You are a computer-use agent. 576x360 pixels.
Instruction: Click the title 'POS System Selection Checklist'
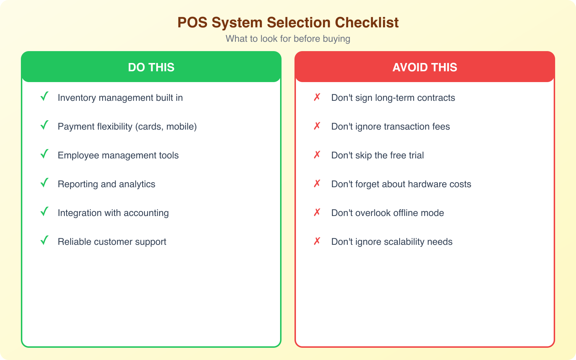coord(288,23)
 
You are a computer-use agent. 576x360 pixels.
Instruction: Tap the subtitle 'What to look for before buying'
coord(288,39)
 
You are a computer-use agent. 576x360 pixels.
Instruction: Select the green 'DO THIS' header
coord(151,67)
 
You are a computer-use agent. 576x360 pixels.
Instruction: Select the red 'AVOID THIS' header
coord(425,67)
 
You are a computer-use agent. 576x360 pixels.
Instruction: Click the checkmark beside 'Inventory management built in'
coord(44,97)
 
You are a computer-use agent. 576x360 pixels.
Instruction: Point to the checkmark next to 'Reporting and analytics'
coord(44,183)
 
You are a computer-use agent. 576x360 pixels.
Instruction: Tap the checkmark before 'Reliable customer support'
coord(44,241)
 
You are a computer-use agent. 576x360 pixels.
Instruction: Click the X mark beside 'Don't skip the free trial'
coord(317,155)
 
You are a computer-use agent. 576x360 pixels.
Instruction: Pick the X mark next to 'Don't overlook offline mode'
coord(317,212)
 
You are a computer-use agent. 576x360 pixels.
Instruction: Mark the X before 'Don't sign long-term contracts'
coord(317,97)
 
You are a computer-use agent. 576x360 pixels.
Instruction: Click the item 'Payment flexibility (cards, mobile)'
coord(127,127)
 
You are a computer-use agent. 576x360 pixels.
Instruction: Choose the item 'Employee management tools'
coord(118,156)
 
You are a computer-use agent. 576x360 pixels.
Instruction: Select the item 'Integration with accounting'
coord(113,213)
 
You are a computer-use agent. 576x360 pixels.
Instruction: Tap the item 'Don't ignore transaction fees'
coord(391,127)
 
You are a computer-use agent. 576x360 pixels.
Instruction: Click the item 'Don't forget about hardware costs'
coord(401,184)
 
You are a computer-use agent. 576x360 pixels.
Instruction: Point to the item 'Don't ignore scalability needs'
coord(392,242)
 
